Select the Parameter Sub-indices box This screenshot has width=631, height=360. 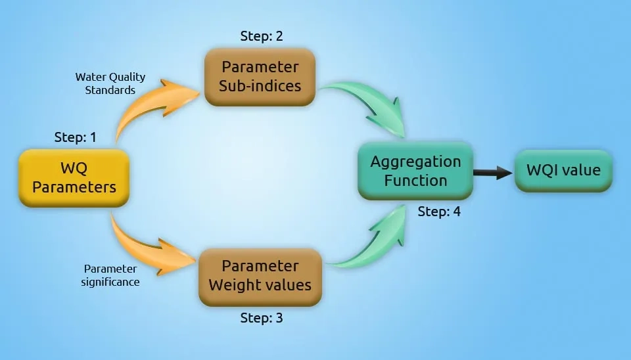pyautogui.click(x=260, y=77)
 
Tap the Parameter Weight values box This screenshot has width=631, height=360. pyautogui.click(x=260, y=276)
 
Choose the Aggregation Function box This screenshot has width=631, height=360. pyautogui.click(x=415, y=171)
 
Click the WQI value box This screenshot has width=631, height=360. pyautogui.click(x=563, y=171)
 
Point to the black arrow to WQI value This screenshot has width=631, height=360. pyautogui.click(x=493, y=173)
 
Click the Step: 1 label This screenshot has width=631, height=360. pyautogui.click(x=75, y=138)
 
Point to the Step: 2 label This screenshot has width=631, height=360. pyautogui.click(x=262, y=37)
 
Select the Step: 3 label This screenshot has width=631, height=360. pyautogui.click(x=262, y=318)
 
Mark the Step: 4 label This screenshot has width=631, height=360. pyautogui.click(x=439, y=212)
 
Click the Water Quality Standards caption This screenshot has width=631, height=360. pyautogui.click(x=110, y=83)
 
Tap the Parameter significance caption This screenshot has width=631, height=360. pyautogui.click(x=111, y=275)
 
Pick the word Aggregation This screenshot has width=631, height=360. pyautogui.click(x=415, y=162)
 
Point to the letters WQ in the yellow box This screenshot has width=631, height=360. pyautogui.click(x=74, y=169)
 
